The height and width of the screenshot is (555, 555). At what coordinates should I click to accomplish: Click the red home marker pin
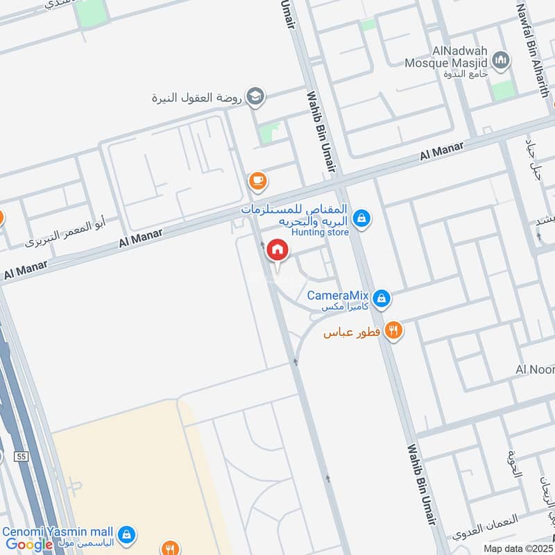tap(277, 250)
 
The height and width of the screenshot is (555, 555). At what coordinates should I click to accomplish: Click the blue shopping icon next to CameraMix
tap(380, 299)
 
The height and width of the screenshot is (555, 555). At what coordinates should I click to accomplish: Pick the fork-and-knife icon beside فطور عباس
tap(393, 331)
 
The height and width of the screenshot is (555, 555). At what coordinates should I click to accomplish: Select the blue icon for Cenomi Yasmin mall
tap(126, 534)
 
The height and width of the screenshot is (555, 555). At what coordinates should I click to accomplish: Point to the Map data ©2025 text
tap(518, 548)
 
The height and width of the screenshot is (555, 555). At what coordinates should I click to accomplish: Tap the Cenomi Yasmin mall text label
tap(58, 532)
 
